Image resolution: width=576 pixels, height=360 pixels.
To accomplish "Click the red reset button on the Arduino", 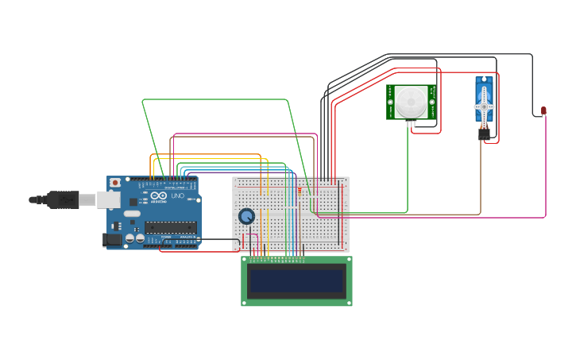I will point(115,183).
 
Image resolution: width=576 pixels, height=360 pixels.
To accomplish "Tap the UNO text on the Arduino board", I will point(177,195).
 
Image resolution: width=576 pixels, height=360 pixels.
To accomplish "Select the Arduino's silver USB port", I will point(108,199).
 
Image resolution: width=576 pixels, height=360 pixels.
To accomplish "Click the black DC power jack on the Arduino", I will point(112,238).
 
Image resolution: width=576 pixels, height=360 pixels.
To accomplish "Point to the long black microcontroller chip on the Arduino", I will point(170,227).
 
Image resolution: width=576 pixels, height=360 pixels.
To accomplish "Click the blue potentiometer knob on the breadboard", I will point(246,216).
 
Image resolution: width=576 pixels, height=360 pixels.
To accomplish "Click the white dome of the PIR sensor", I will point(412,102).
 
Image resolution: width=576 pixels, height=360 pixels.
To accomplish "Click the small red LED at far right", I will point(543,110).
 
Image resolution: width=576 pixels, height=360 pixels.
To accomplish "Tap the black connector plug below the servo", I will point(484,135).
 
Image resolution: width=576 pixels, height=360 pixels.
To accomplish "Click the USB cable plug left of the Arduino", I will point(64,199).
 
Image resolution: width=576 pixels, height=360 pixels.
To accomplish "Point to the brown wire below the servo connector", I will point(481,175).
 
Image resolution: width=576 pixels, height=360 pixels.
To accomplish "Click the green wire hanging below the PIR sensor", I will point(408,167).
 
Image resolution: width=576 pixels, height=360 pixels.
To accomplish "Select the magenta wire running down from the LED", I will point(546,167).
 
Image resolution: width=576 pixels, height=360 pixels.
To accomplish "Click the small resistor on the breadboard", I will point(299,191).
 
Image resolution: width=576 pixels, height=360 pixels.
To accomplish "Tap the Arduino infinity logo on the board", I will point(159,195).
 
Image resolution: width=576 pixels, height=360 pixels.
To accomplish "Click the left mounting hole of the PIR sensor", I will point(390,102).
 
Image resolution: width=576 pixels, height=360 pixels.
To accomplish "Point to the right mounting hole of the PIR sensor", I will point(433,102).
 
